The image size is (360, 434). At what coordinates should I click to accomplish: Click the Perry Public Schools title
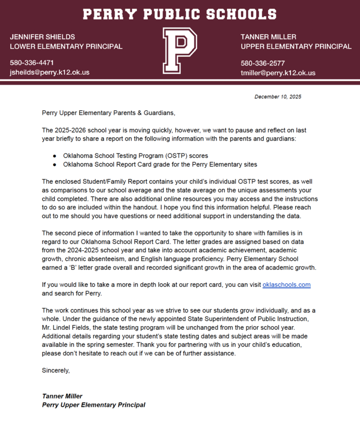click(x=180, y=14)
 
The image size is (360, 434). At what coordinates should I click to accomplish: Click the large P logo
click(x=180, y=51)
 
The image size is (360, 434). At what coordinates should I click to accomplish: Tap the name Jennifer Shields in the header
click(x=42, y=36)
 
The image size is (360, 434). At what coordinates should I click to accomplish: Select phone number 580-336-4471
click(x=31, y=62)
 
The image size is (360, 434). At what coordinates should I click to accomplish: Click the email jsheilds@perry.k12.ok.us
click(x=49, y=72)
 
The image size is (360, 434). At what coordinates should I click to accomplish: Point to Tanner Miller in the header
click(x=268, y=36)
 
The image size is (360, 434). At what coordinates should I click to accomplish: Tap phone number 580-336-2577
click(x=263, y=63)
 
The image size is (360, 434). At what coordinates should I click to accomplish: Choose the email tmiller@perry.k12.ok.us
click(x=278, y=73)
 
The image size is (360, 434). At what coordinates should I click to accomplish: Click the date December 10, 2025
click(x=277, y=97)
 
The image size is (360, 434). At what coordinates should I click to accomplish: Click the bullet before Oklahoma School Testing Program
click(x=54, y=156)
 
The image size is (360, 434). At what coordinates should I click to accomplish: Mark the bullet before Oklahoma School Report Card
click(x=54, y=164)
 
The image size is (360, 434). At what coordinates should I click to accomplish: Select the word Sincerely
click(x=56, y=371)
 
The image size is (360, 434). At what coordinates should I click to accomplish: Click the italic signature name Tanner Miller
click(x=62, y=396)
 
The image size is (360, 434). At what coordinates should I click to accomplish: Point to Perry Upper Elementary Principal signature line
click(x=93, y=405)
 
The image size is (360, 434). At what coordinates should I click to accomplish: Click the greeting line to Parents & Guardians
click(x=109, y=113)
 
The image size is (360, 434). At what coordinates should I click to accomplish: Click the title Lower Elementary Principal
click(x=66, y=46)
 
